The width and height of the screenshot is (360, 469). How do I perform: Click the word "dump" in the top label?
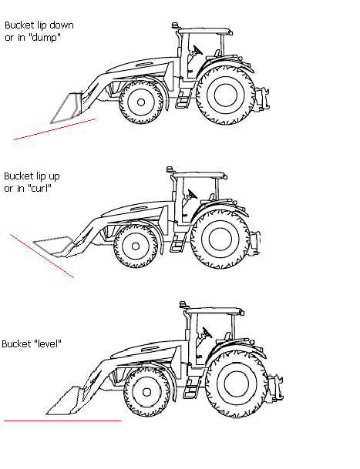tap(45, 38)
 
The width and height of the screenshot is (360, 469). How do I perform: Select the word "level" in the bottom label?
tap(46, 343)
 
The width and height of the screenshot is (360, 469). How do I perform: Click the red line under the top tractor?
tap(55, 129)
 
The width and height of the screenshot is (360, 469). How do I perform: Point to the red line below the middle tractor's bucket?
tap(42, 256)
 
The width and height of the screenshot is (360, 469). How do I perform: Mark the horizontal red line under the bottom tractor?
tap(62, 420)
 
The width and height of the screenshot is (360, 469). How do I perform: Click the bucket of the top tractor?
tap(66, 108)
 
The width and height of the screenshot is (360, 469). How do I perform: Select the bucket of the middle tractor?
tap(54, 246)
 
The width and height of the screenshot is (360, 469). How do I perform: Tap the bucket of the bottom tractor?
tap(63, 400)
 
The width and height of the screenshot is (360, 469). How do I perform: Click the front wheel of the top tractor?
tap(141, 102)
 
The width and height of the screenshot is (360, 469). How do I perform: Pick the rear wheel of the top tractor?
tap(226, 95)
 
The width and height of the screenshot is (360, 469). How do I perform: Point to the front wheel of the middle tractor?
tap(136, 246)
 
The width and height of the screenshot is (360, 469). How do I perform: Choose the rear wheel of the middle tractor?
tap(220, 239)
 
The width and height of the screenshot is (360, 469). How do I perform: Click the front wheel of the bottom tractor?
tap(146, 392)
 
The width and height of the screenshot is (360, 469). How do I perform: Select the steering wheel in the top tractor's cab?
tap(197, 50)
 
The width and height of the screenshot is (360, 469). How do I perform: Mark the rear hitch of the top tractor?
tap(262, 99)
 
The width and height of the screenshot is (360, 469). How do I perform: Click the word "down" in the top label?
tap(62, 25)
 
